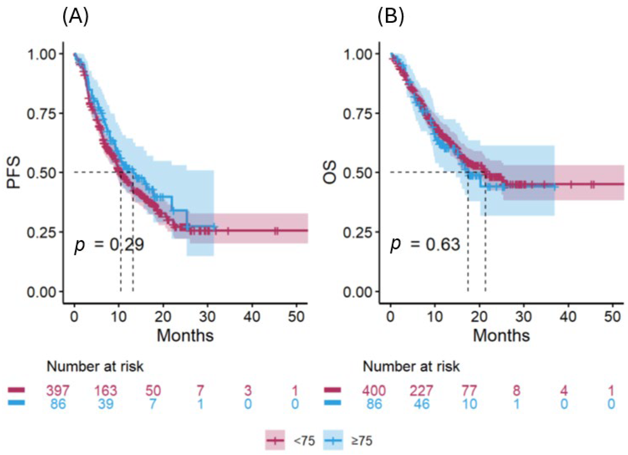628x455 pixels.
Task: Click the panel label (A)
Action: [x=75, y=18]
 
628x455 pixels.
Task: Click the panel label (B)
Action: [x=391, y=18]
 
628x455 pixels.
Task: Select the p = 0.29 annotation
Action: [x=109, y=245]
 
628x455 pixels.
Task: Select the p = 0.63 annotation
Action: [x=425, y=245]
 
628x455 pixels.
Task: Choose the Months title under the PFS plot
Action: [x=185, y=336]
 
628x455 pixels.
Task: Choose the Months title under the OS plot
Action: [x=501, y=336]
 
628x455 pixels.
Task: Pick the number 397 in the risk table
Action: [x=58, y=391]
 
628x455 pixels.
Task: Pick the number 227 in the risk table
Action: [x=421, y=391]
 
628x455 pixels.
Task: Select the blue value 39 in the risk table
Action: [x=105, y=404]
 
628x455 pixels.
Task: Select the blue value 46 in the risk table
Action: [x=421, y=404]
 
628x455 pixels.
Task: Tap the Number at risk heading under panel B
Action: [x=411, y=367]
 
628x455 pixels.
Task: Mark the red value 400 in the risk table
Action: [x=374, y=391]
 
